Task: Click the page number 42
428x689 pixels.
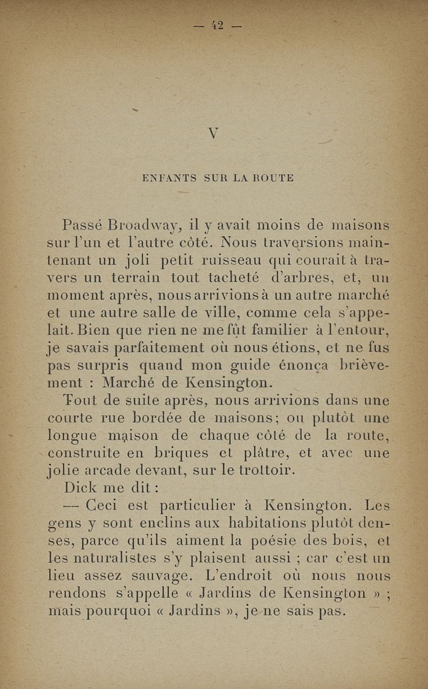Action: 217,25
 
